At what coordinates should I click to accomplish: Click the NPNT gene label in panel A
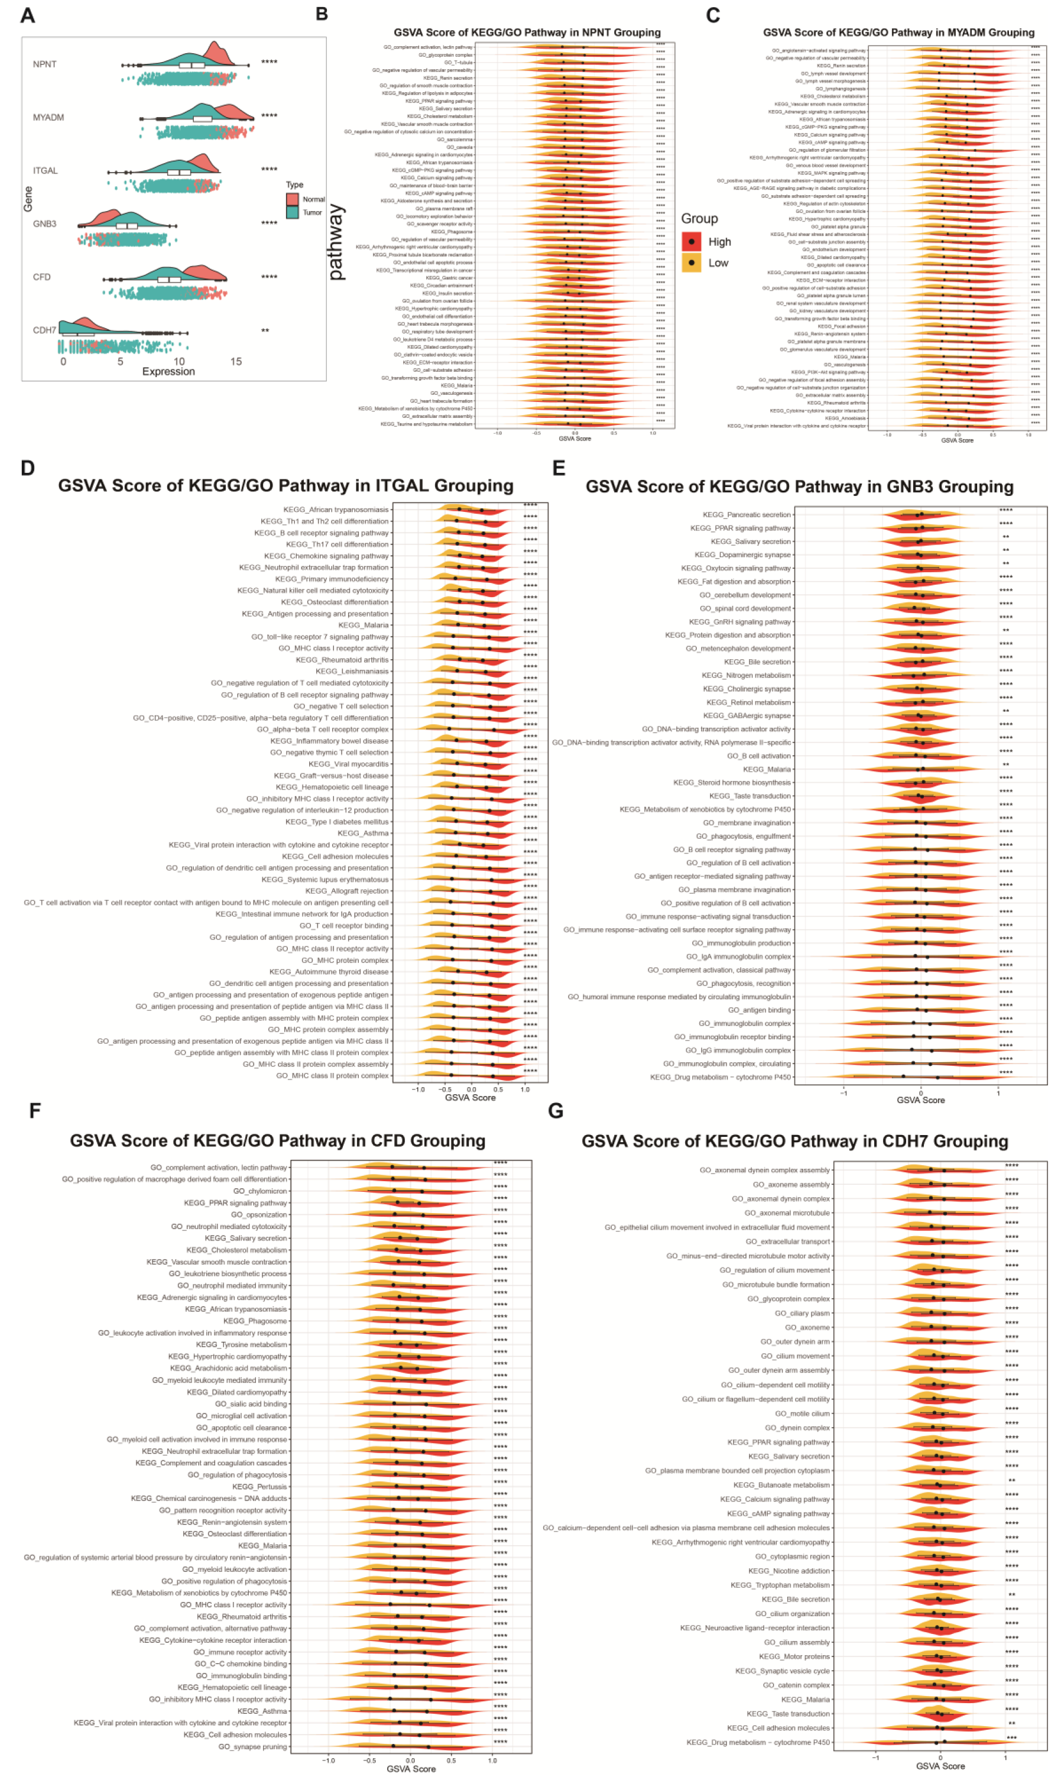point(44,64)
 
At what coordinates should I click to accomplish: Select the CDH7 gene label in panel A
point(44,330)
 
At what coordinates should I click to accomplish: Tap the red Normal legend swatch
point(293,199)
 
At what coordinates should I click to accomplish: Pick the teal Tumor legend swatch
point(293,212)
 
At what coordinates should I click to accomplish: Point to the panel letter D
point(28,468)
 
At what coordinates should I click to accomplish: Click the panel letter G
point(556,1111)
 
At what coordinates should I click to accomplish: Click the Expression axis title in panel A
point(168,372)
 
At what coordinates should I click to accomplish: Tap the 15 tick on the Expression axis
point(236,362)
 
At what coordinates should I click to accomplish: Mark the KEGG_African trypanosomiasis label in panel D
point(336,510)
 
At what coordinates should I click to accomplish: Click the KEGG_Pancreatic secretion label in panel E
point(747,515)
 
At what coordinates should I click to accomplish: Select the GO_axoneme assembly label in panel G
point(791,1185)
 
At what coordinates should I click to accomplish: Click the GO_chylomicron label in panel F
point(260,1191)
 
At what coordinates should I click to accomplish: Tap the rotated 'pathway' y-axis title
point(335,242)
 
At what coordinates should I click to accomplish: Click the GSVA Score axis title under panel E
point(921,1100)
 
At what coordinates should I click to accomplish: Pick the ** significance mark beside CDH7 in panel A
point(265,330)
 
